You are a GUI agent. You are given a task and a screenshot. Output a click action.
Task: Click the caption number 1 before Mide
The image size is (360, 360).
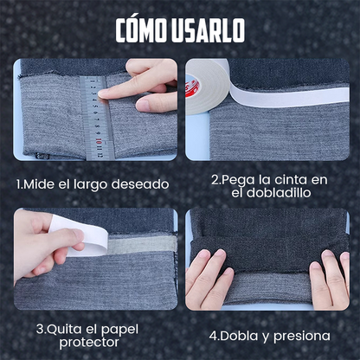[x=20, y=184]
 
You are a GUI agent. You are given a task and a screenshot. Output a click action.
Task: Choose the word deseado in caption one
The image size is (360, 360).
[x=142, y=184]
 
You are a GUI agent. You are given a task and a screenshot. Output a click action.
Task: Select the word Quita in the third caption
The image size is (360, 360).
[x=66, y=329]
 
